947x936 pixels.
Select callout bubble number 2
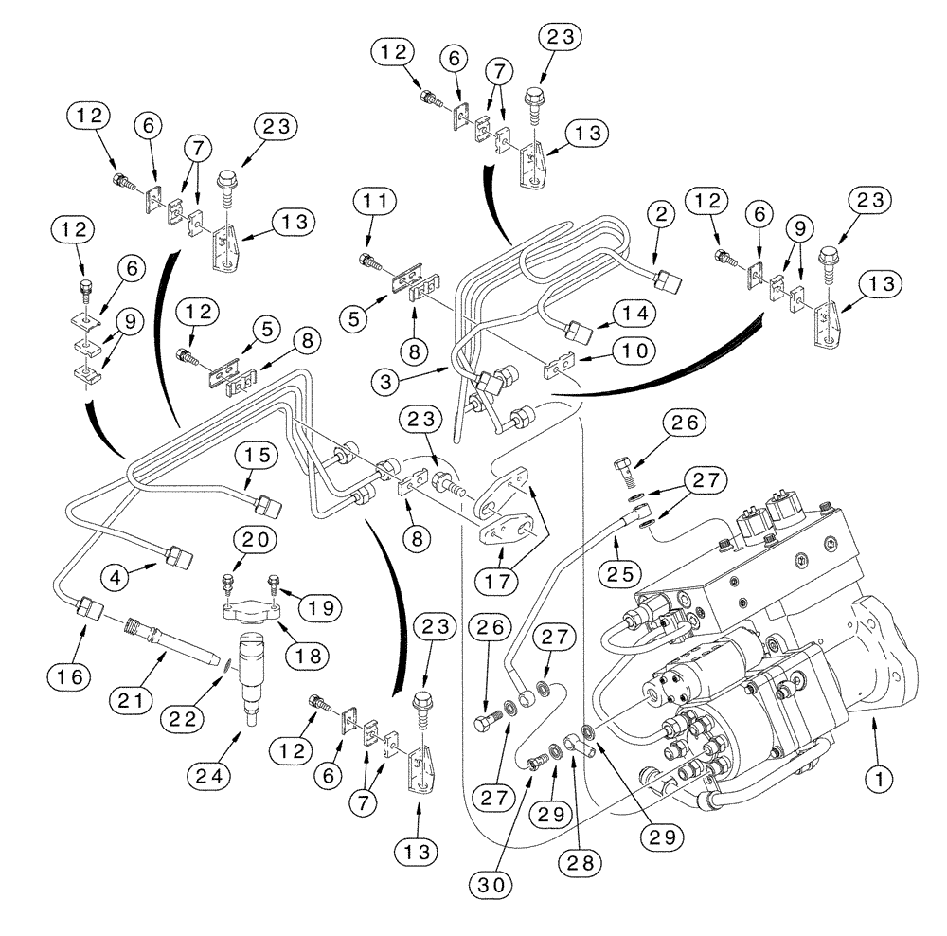pos(662,214)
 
